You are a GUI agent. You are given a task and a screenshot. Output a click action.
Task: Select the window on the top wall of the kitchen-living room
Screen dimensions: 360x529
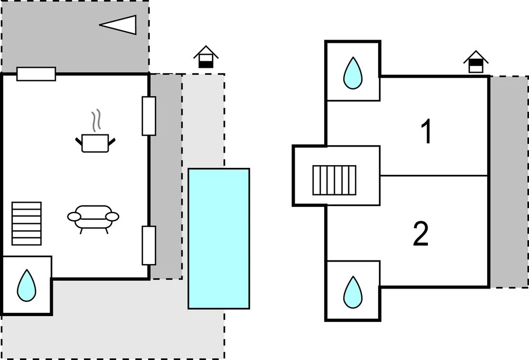pos(36,74)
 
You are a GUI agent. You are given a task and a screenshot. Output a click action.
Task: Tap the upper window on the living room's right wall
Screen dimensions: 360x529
pos(149,116)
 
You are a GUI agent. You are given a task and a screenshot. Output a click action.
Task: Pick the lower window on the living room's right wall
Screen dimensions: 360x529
pos(149,245)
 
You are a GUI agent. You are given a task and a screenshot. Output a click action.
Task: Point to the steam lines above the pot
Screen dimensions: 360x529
pos(95,121)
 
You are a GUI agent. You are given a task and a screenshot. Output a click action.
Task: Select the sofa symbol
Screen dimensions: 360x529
pos(94,217)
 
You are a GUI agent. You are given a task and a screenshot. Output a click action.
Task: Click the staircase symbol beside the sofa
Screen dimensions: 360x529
pos(26,223)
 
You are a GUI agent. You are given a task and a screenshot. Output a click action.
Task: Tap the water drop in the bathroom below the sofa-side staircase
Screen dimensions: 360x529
pos(26,285)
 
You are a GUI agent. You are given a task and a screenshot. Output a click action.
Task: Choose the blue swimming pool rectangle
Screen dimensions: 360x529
pos(219,238)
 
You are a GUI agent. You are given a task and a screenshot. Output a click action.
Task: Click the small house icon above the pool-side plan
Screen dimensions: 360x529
pos(206,57)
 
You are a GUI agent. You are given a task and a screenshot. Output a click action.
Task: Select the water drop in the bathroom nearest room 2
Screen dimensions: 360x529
pos(352,292)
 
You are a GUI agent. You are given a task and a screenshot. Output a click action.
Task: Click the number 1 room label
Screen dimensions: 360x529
pos(426,132)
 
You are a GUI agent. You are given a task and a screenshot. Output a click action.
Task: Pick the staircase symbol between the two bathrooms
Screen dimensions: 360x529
pos(334,180)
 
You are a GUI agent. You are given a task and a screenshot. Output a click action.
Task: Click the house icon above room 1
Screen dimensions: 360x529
pos(476,62)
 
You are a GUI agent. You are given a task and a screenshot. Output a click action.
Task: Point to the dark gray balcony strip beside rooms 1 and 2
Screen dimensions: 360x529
pos(508,182)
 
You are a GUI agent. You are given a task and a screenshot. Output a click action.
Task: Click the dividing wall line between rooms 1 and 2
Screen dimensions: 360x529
pos(434,176)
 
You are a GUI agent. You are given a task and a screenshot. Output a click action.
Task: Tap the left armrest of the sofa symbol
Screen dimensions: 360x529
pos(74,217)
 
